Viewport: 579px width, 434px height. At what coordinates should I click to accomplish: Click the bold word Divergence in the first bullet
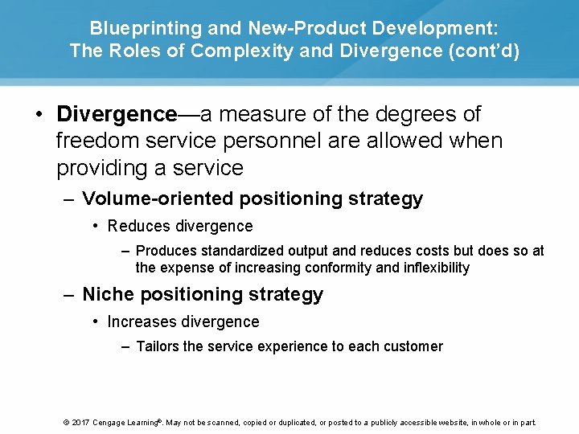116,114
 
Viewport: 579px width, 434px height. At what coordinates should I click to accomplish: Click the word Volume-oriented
160,199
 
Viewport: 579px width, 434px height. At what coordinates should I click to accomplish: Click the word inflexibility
430,268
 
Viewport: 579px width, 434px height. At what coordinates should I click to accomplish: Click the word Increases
142,321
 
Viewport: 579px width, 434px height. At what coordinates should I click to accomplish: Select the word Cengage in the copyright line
109,423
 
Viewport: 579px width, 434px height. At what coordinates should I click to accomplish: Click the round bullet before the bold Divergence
39,114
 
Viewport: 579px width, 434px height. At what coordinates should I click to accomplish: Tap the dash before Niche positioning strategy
70,294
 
